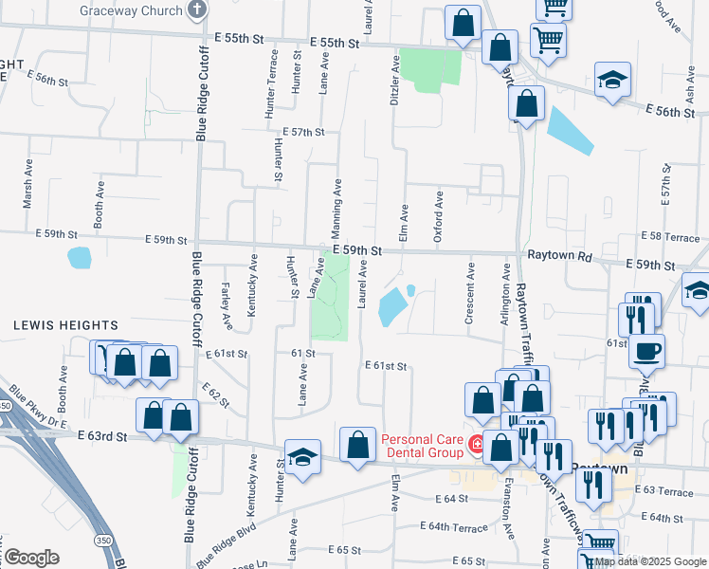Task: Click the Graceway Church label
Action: tap(143, 10)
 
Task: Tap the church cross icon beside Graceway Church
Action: tap(197, 10)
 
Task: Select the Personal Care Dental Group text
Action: tap(421, 446)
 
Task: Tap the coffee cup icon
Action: tap(647, 351)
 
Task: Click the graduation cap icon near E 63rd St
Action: tap(303, 458)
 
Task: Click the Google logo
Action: tap(30, 558)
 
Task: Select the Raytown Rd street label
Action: tap(559, 257)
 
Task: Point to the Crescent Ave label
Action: tap(469, 299)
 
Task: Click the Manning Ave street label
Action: tap(336, 201)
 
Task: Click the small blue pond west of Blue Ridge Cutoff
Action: tap(80, 257)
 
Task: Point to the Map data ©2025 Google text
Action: tap(647, 561)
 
